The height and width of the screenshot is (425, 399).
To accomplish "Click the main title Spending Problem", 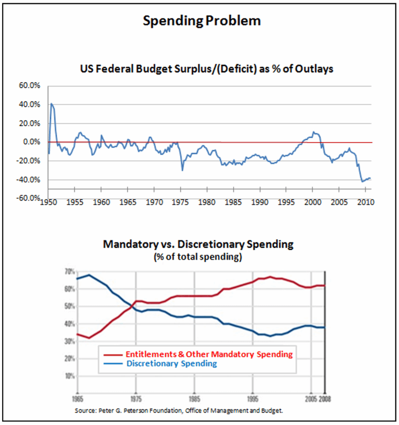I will point(202,21).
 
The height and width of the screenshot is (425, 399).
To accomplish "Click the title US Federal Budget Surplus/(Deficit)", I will point(206,69).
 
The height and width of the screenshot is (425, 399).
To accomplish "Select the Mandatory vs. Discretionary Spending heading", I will point(198,244).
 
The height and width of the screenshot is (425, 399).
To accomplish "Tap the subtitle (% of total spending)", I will point(198,257).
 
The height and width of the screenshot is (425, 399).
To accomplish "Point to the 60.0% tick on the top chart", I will point(29,86).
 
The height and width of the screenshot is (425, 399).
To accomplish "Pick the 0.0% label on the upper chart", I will point(31,142).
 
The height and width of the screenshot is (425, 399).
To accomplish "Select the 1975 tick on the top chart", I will point(181,203).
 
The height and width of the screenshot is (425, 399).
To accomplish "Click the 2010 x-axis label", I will point(365,203).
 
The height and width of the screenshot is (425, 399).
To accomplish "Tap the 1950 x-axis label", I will point(48,203).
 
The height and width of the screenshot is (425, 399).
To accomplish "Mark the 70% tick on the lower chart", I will point(70,272).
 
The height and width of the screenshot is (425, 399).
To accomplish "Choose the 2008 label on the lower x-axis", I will point(325,400).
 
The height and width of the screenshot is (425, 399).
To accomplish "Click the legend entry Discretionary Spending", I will point(171,364).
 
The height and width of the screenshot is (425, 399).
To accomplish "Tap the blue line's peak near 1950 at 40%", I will point(51,104).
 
